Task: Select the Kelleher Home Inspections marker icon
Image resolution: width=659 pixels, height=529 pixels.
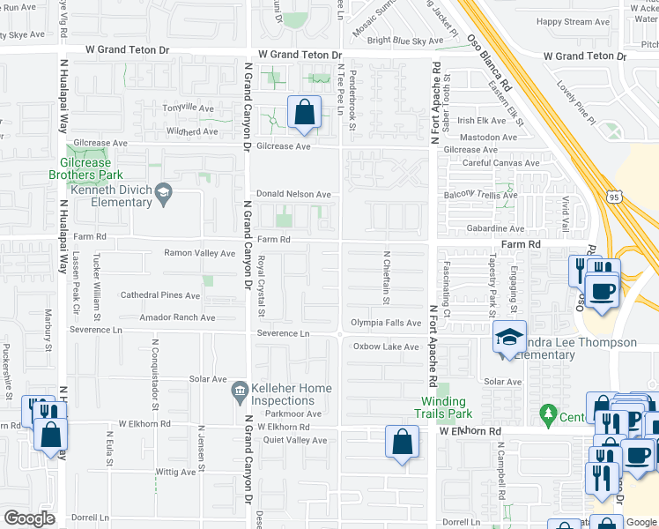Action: [x=239, y=390]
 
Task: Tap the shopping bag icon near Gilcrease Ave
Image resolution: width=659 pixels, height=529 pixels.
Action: [x=304, y=113]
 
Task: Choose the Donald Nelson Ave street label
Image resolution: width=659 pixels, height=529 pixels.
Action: [x=293, y=194]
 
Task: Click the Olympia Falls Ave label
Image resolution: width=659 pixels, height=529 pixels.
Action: [x=387, y=324]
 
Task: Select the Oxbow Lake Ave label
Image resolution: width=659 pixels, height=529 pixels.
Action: [x=386, y=346]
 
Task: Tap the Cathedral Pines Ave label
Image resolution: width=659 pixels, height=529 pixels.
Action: [x=161, y=295]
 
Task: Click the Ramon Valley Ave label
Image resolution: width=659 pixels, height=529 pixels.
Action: [x=199, y=253]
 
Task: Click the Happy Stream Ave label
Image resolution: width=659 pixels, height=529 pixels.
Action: [x=573, y=21]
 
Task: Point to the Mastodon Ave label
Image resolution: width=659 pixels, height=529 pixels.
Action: [x=488, y=138]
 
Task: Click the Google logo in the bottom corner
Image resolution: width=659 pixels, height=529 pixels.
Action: [x=29, y=518]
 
